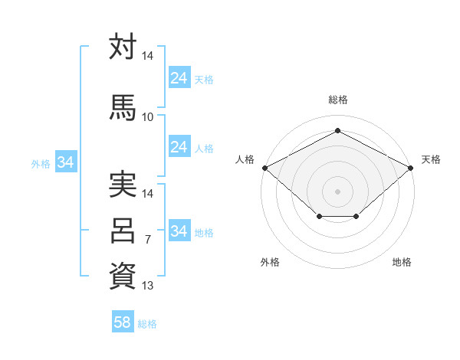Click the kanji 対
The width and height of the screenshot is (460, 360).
[x=123, y=46]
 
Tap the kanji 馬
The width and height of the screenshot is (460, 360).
[x=123, y=107]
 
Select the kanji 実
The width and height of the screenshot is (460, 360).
[x=123, y=184]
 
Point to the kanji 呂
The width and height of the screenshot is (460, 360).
[x=123, y=231]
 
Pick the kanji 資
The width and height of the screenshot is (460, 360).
[x=123, y=276]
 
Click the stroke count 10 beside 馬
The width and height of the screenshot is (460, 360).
[x=147, y=117]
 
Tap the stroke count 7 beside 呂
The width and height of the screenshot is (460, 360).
[x=148, y=239]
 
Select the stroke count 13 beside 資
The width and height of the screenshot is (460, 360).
[x=147, y=285]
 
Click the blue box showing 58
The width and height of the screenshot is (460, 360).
[x=123, y=321]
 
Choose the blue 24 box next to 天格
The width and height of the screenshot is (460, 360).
[x=179, y=77]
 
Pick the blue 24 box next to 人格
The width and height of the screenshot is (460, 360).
[x=179, y=146]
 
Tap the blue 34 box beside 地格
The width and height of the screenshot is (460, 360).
[x=179, y=230]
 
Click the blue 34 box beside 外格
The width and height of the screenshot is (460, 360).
[x=66, y=162]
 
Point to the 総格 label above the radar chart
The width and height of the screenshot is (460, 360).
[x=338, y=100]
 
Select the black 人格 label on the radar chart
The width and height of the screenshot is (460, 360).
[x=245, y=159]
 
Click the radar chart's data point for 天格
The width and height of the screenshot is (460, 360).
[x=410, y=168]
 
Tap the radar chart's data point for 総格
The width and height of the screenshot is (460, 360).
[x=337, y=130]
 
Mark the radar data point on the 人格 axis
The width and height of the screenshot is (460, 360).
[x=265, y=168]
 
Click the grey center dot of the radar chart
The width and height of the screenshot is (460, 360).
[x=337, y=191]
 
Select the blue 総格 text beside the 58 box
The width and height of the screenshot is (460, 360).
[x=147, y=324]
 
